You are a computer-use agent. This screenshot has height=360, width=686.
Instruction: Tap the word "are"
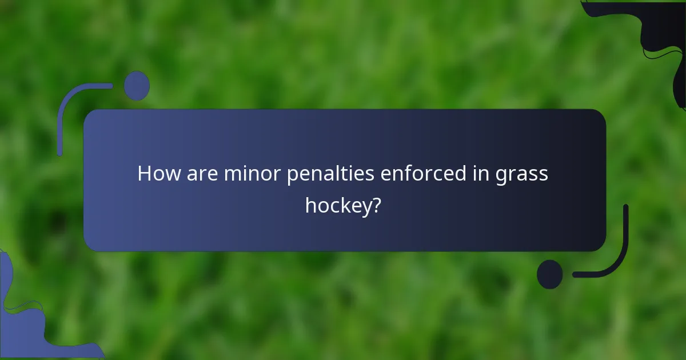point(197,174)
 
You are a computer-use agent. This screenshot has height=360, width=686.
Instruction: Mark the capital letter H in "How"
point(144,174)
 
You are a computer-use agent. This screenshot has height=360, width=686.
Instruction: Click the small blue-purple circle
point(137,86)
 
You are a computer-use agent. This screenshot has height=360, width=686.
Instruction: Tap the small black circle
point(549,274)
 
